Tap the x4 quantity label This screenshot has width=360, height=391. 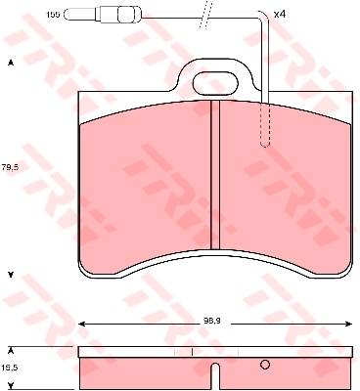pyautogui.click(x=280, y=14)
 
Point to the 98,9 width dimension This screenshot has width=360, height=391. pyautogui.click(x=214, y=321)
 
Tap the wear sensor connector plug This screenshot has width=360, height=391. pyautogui.click(x=118, y=15)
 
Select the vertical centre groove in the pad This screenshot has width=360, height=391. pyautogui.click(x=215, y=175)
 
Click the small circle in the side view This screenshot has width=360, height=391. pyautogui.click(x=265, y=365)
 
